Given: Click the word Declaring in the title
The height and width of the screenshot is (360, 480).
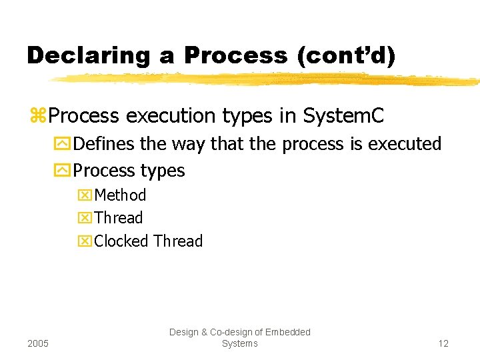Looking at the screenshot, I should pyautogui.click(x=89, y=55).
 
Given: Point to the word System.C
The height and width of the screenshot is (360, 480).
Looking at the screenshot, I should pyautogui.click(x=343, y=115).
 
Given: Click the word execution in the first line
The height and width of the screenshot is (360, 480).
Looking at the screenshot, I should pyautogui.click(x=167, y=115).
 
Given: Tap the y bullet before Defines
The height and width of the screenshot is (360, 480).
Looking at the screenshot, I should pyautogui.click(x=66, y=144).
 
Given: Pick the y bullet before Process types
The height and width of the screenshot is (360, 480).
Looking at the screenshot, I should pyautogui.click(x=66, y=171).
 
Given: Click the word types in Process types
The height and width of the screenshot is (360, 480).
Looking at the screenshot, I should pyautogui.click(x=163, y=171).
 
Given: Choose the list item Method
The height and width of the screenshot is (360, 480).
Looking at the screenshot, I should pyautogui.click(x=120, y=195).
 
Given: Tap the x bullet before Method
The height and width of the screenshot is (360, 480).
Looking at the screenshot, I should pyautogui.click(x=86, y=195).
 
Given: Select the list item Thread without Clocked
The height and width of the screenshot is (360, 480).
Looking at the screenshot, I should pyautogui.click(x=119, y=218).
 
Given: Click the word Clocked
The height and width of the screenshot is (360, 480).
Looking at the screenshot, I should pyautogui.click(x=121, y=241).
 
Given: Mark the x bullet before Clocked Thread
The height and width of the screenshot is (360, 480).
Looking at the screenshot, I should pyautogui.click(x=86, y=241).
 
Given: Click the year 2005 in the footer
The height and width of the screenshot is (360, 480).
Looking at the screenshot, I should pyautogui.click(x=38, y=343).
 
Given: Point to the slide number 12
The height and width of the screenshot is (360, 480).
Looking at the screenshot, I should pyautogui.click(x=443, y=343).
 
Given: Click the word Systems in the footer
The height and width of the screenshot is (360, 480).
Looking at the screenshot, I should pyautogui.click(x=239, y=343).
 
